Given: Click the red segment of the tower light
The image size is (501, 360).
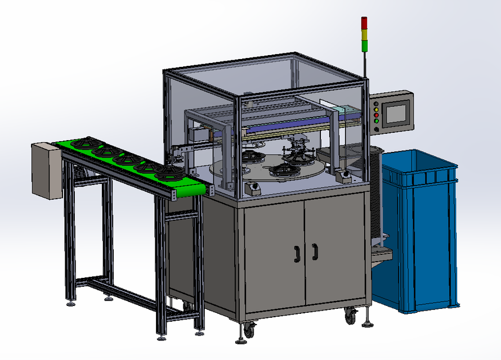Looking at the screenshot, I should coord(364,21).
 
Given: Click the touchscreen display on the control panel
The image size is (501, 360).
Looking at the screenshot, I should coord(395,114).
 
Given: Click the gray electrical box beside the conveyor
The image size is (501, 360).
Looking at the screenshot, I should coord(46,170).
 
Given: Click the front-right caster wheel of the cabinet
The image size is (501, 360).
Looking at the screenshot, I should coord(350,317).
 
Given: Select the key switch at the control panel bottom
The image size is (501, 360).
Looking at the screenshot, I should coord(376,129).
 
